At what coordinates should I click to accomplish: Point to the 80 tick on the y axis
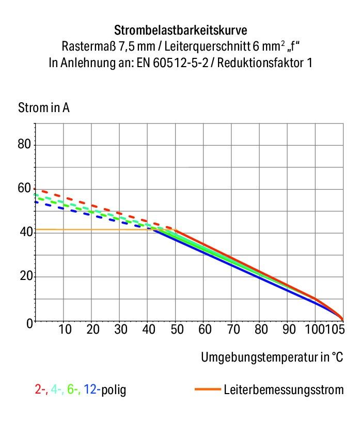tap(25, 144)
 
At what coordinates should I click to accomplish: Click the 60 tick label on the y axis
tap(25, 189)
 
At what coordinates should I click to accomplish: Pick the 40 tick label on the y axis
tap(25, 233)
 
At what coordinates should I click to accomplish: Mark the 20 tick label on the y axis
tap(25, 277)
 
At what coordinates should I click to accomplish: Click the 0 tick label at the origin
tap(29, 322)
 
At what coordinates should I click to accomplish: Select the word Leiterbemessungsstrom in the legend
tap(283, 390)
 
